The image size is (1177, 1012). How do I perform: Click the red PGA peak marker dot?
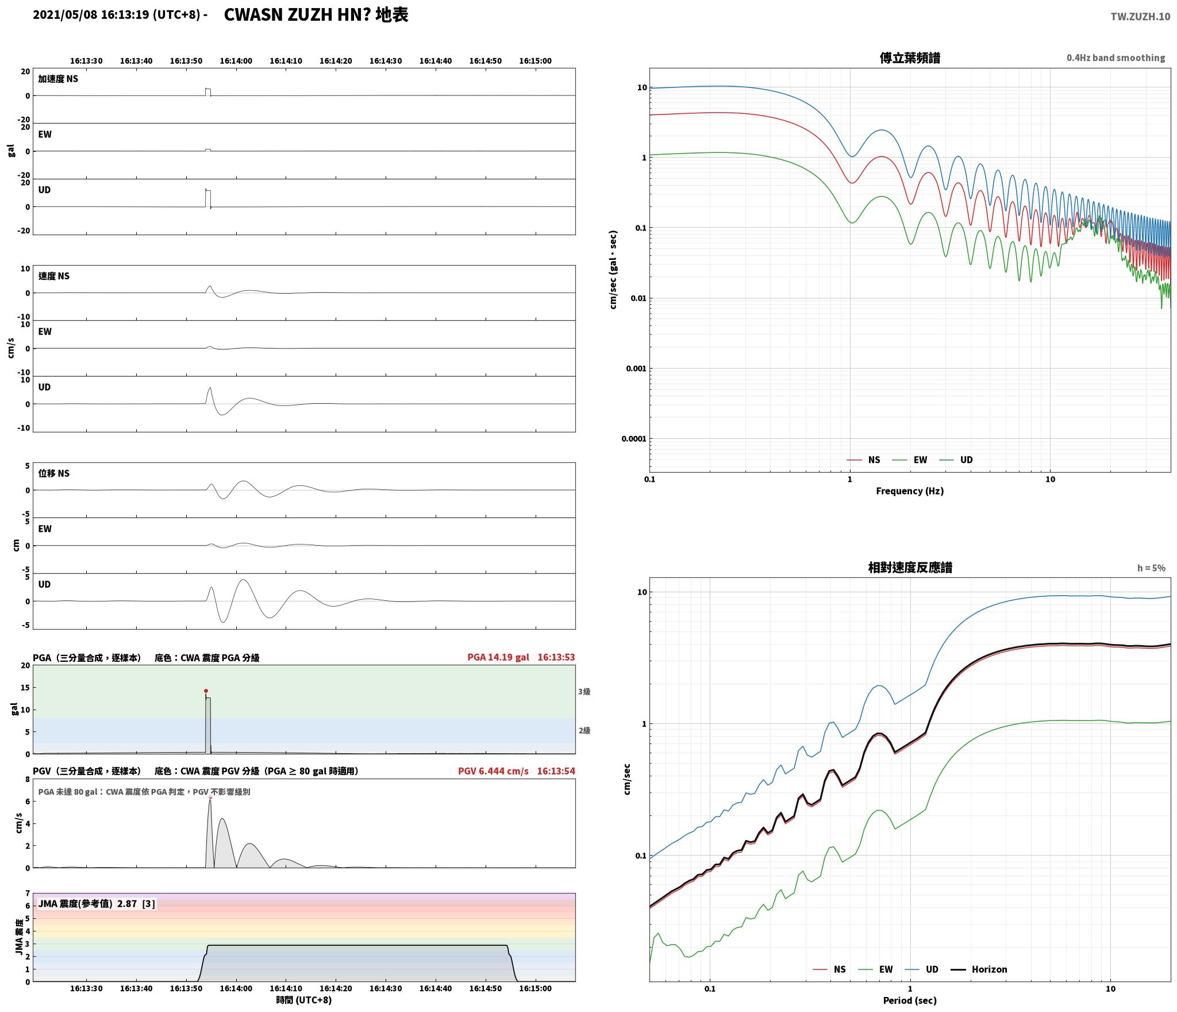[x=206, y=691]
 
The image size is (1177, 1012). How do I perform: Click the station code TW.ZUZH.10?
[x=1140, y=17]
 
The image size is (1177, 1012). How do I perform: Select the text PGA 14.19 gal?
[x=498, y=657]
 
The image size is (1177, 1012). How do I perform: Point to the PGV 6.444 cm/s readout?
[x=493, y=771]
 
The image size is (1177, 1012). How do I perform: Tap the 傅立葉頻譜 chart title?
[x=910, y=58]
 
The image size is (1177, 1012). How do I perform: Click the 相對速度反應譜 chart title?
[x=910, y=568]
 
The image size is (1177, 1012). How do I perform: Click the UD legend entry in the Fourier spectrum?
[x=956, y=460]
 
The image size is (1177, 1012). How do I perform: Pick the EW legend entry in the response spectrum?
[x=876, y=969]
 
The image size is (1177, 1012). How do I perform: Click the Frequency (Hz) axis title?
[x=910, y=491]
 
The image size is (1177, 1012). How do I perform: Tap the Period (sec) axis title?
[x=910, y=1000]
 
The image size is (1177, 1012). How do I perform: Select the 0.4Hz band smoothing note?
[x=1116, y=58]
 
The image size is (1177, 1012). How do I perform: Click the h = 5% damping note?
[x=1151, y=568]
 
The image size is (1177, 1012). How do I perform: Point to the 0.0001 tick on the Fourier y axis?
[x=633, y=439]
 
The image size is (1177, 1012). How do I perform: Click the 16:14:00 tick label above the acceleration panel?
[x=236, y=61]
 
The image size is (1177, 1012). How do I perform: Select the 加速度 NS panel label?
[x=58, y=79]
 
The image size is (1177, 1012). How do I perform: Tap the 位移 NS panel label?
[x=54, y=473]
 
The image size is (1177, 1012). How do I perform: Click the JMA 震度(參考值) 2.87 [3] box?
[x=97, y=904]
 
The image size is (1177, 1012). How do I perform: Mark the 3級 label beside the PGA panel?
[x=584, y=692]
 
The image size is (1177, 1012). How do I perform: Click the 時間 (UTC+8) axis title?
[x=304, y=1000]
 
